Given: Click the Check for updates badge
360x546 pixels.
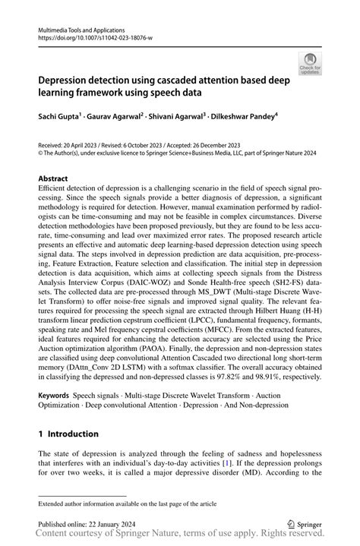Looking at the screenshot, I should [x=310, y=63].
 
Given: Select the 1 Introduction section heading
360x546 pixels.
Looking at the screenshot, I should [x=68, y=434].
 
